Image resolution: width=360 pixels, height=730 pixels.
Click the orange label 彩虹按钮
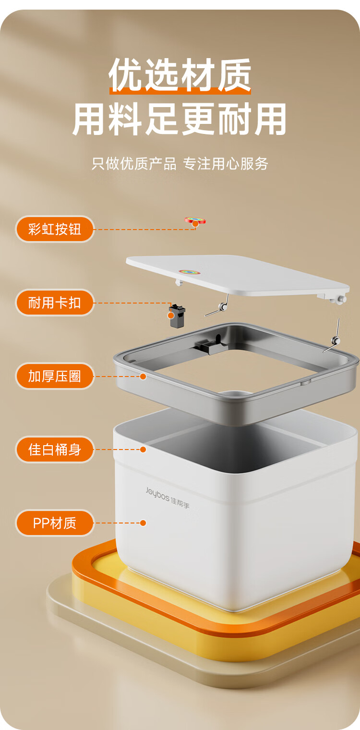(55, 229)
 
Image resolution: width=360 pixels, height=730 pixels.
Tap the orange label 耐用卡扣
(55, 303)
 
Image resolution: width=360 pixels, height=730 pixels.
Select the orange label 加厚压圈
(55, 376)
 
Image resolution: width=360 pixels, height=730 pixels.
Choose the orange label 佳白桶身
(55, 450)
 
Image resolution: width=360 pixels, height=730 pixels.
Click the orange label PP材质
(55, 523)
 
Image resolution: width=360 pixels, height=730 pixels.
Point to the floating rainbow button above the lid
(195, 220)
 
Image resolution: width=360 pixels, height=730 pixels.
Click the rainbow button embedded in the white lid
(189, 272)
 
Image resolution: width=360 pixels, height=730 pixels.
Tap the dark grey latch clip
(177, 316)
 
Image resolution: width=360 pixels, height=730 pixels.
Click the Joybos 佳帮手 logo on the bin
(168, 498)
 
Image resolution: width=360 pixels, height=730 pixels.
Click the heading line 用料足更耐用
(180, 119)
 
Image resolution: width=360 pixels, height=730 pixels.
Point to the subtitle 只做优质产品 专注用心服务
(180, 164)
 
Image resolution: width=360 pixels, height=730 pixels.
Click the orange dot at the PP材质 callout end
(143, 523)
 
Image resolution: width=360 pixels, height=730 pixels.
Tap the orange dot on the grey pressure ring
(143, 377)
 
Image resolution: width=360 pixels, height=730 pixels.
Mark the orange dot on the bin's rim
(143, 450)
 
